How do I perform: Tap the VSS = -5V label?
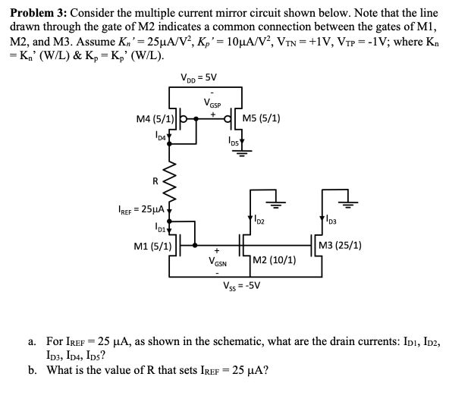click(242, 286)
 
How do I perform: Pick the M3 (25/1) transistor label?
click(340, 245)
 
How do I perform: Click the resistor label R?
click(155, 181)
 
